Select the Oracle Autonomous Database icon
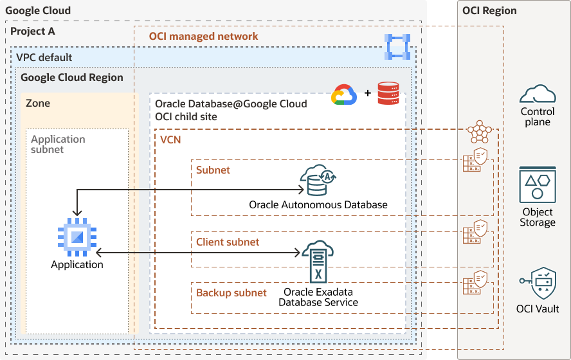pos(318,181)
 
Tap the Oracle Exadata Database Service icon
pos(318,262)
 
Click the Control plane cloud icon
pos(538,94)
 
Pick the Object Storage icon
pos(538,185)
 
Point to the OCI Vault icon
pos(538,283)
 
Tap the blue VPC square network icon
pos(397,46)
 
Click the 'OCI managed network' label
pos(203,37)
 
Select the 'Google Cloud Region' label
pos(72,77)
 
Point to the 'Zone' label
pos(38,103)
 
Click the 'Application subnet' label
pos(58,144)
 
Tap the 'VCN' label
pos(170,139)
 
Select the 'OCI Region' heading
pos(489,10)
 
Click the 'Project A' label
pos(32,32)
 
